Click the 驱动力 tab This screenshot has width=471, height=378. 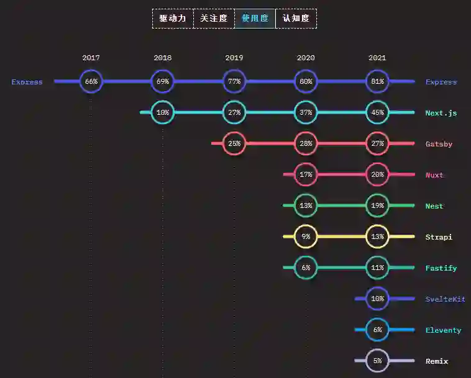(x=173, y=19)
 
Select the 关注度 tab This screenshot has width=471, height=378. (x=214, y=19)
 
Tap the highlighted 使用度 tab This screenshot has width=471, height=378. (x=255, y=19)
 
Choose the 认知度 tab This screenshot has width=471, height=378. (x=296, y=19)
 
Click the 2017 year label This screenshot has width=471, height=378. (x=91, y=58)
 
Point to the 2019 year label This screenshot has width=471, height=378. (x=234, y=58)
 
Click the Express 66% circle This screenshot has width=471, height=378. (x=91, y=81)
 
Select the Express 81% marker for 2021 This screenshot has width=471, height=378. (x=377, y=81)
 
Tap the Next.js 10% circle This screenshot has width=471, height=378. (x=163, y=112)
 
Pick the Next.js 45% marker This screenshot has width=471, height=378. (x=377, y=112)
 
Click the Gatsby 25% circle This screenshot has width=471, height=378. (x=234, y=143)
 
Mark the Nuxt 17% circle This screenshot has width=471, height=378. (x=306, y=174)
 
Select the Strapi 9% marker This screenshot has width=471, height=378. (x=306, y=236)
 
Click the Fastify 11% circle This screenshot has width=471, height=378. (x=377, y=268)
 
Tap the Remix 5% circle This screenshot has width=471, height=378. (x=377, y=361)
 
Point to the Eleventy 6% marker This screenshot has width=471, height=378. (x=377, y=330)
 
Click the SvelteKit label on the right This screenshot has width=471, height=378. (x=445, y=299)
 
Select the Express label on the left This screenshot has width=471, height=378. (x=27, y=82)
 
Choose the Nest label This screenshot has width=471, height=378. (x=434, y=206)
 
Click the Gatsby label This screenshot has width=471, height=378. (x=439, y=144)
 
